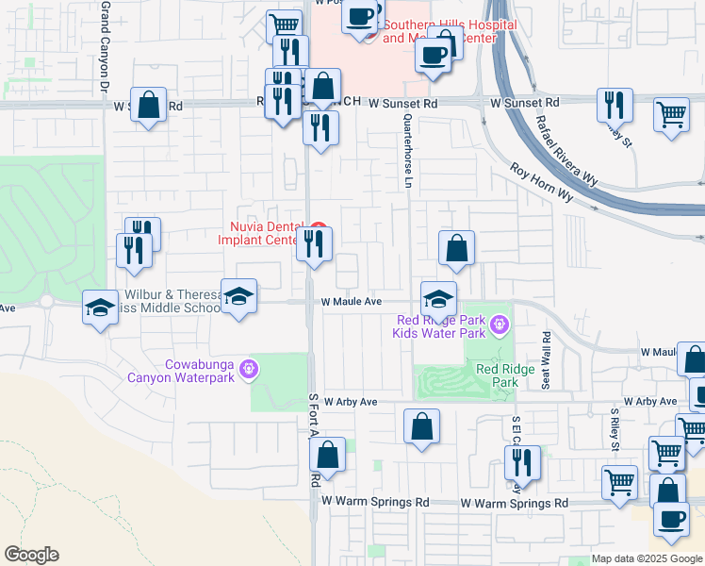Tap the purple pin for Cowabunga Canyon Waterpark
coord(248,368)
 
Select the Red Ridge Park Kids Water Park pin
coord(499,327)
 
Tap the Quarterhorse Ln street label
coord(408,150)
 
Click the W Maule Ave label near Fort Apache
coord(351,302)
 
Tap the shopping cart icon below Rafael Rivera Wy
coord(671,116)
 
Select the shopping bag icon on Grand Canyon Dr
coord(149,105)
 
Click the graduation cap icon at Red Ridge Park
coord(438,299)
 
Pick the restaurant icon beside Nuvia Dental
coord(314,244)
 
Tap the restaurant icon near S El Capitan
coord(522,462)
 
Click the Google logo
coord(31,555)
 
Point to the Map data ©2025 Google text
coord(648,559)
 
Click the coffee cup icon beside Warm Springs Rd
coord(671,518)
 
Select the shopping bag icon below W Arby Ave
coord(421,425)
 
